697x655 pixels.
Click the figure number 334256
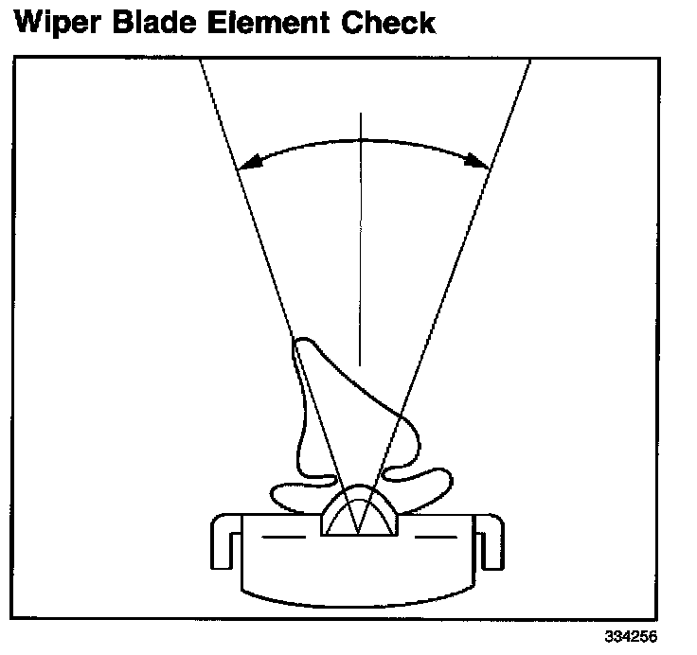(x=630, y=636)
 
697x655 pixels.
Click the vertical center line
(x=361, y=237)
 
